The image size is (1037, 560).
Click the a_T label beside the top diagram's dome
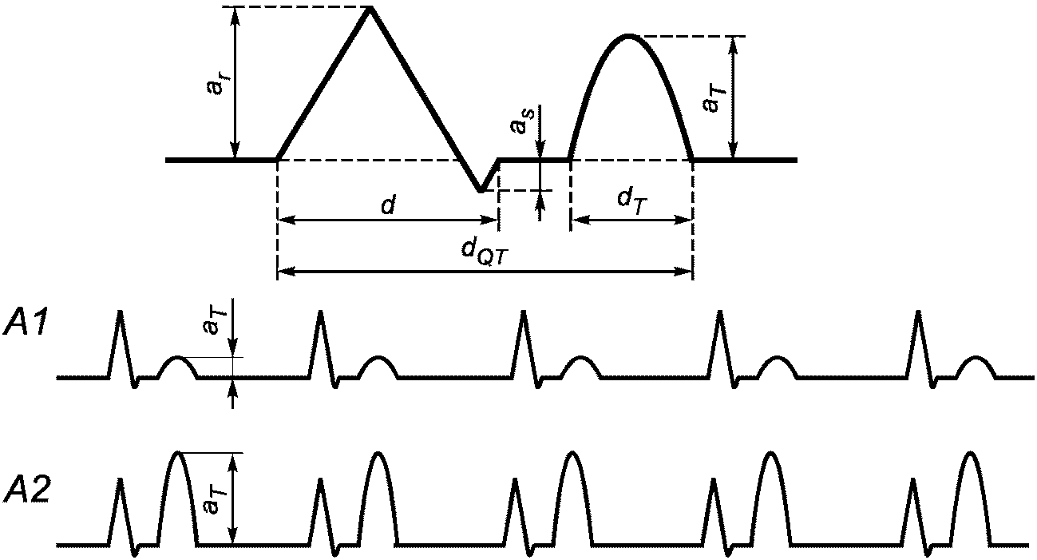tap(709, 97)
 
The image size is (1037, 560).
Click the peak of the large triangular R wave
tap(370, 8)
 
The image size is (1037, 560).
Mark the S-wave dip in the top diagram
tap(481, 191)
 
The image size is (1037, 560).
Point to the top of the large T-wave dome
tap(629, 36)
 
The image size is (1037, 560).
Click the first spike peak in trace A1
tap(120, 311)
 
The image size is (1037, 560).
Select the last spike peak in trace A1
tap(918, 311)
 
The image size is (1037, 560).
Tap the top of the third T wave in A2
tap(572, 453)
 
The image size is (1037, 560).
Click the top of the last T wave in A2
tap(971, 453)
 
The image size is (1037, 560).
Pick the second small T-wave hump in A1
tap(377, 357)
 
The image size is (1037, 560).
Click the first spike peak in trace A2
tap(120, 480)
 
